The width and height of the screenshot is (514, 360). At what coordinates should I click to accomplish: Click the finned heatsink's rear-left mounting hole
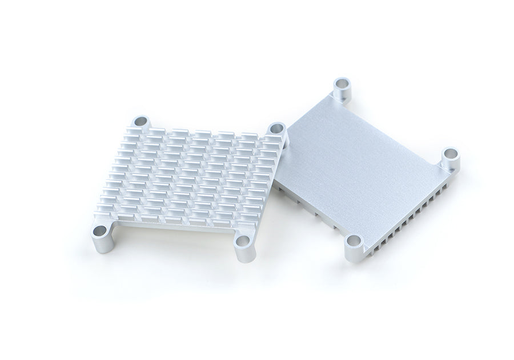click(x=139, y=121)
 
